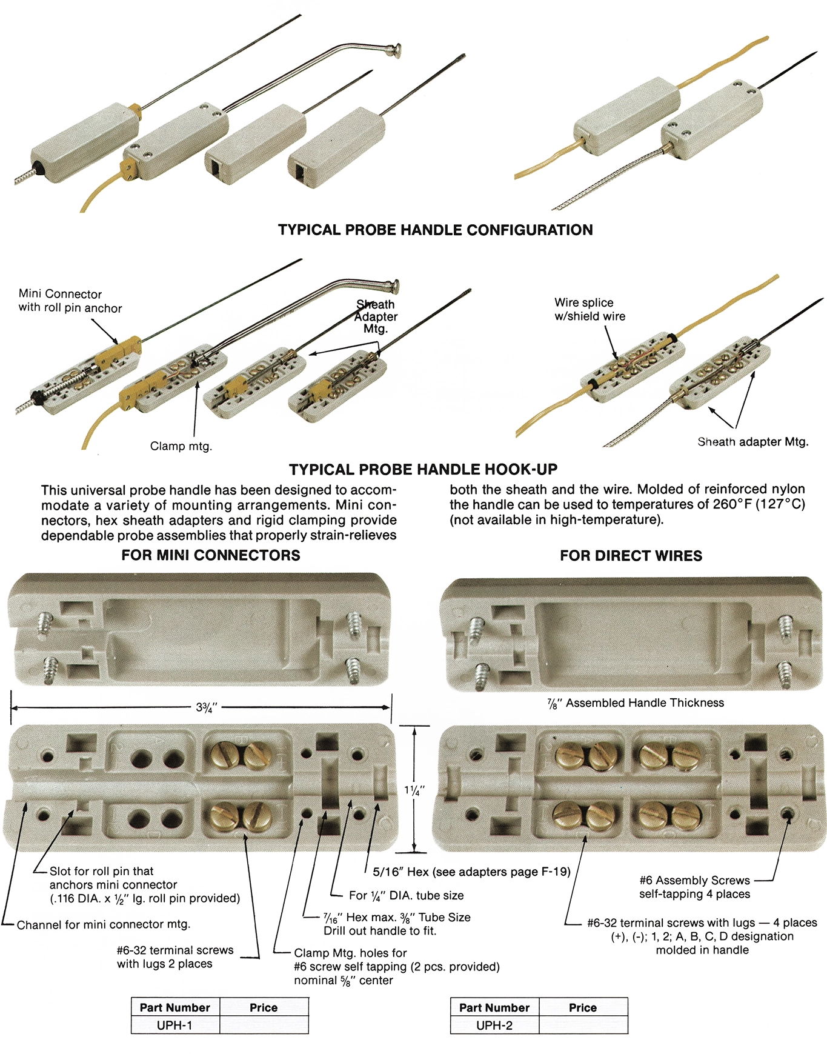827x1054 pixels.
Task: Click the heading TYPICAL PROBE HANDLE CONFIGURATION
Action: pos(435,230)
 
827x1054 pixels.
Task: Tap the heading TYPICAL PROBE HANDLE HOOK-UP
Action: pos(423,470)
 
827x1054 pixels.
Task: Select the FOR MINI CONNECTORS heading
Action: pos(210,555)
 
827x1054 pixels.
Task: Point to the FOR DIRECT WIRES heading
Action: pos(631,556)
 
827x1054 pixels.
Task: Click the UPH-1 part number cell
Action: pos(174,1025)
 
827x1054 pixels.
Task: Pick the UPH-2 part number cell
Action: pos(494,1025)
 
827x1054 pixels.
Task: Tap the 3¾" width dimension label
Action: pos(207,707)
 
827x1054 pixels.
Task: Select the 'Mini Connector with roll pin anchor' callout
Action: pos(70,301)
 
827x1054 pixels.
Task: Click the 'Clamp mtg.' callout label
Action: pos(181,446)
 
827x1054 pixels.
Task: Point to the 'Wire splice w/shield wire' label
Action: pos(590,309)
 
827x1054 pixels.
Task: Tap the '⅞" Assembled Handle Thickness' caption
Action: pos(636,703)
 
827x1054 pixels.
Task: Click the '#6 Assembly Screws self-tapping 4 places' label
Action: pos(694,887)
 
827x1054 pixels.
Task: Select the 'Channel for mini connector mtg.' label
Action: pos(103,924)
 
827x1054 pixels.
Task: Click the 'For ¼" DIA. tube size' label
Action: pos(406,895)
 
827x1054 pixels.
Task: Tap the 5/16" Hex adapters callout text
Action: pos(471,872)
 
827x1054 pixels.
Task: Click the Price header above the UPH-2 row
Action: pos(582,1007)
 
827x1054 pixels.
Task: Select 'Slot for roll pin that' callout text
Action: pos(101,871)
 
